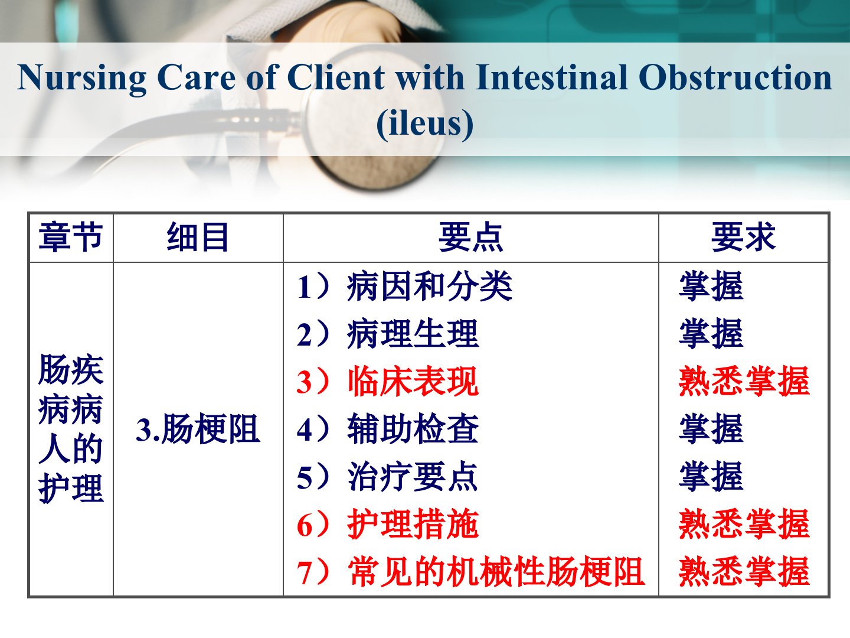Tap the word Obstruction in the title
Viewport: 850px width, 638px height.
735,77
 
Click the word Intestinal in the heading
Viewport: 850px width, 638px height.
551,77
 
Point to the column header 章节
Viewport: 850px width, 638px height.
70,237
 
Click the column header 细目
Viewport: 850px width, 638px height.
198,237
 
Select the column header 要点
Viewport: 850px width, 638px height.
470,237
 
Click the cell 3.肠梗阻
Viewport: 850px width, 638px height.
198,428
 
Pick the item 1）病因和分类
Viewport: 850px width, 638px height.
405,287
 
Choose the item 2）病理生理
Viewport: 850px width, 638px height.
388,334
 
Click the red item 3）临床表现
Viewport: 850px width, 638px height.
388,382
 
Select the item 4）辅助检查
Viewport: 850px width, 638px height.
388,429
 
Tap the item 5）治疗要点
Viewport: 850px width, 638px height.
388,477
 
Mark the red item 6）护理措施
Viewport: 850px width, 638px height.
388,524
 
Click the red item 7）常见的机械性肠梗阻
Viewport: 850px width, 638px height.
471,572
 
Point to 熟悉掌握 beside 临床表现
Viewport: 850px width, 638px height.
744,382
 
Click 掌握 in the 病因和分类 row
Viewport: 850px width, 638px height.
711,287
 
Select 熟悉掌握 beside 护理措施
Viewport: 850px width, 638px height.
744,524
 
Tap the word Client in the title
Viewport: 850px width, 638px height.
335,77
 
